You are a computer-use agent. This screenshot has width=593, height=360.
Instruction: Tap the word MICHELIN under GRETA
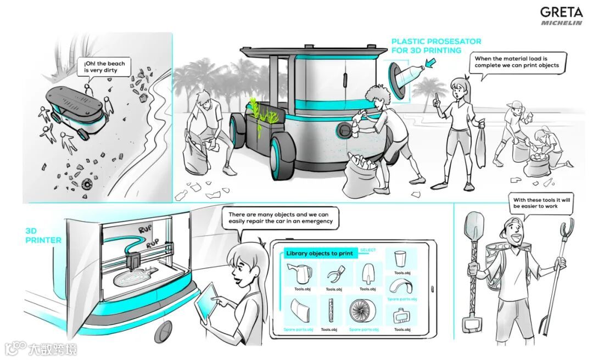(x=561, y=23)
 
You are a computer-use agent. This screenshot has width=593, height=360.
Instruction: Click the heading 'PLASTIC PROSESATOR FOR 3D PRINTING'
(x=436, y=46)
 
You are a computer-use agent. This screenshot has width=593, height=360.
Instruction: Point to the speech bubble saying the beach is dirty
(x=104, y=67)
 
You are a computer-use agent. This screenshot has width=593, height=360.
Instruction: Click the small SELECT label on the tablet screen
(x=368, y=250)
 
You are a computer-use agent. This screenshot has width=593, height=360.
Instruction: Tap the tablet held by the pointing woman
(x=207, y=302)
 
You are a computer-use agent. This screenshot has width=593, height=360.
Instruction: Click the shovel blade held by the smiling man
(x=473, y=227)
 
